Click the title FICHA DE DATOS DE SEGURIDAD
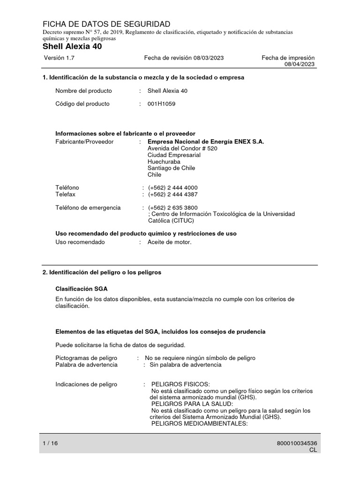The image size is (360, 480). tap(106, 24)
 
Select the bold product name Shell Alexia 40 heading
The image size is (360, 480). tap(72, 46)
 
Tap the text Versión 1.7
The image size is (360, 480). tap(59, 58)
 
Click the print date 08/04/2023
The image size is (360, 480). tap(300, 64)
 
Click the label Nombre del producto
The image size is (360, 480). tap(82, 90)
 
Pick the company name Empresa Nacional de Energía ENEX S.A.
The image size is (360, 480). tap(206, 142)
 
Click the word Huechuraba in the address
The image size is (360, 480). tap(164, 161)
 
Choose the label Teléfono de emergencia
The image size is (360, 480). tap(88, 207)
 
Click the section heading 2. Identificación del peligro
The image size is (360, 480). tap(102, 272)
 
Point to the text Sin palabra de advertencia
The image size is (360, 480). tap(185, 364)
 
